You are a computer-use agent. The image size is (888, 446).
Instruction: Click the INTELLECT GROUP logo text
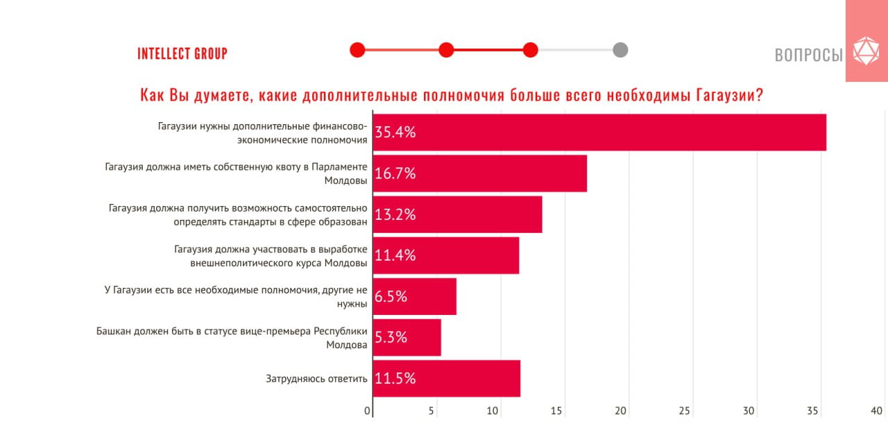click(x=182, y=53)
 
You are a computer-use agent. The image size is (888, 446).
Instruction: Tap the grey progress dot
click(x=620, y=50)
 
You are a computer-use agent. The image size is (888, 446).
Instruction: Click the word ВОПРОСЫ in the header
click(x=808, y=55)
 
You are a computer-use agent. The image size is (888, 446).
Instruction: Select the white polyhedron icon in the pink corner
click(x=865, y=51)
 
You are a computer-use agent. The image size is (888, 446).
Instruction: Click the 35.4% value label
click(x=395, y=132)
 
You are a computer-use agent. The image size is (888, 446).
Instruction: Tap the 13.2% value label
click(x=395, y=214)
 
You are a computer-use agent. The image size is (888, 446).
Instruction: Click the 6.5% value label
click(x=391, y=296)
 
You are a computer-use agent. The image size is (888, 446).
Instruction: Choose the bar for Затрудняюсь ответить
click(x=447, y=378)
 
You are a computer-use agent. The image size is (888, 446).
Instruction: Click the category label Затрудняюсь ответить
click(x=316, y=379)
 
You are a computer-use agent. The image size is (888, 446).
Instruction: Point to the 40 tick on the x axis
click(x=877, y=411)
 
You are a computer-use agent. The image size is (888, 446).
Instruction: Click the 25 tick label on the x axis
click(x=685, y=411)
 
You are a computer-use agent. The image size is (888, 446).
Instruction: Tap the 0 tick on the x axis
click(x=368, y=411)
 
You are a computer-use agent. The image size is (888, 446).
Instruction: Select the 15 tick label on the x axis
click(x=556, y=411)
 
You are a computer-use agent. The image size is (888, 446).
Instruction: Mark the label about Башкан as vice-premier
click(x=232, y=337)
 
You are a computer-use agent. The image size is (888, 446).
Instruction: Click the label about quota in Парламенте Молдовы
click(x=236, y=173)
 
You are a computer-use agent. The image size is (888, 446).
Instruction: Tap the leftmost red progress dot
click(x=357, y=50)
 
